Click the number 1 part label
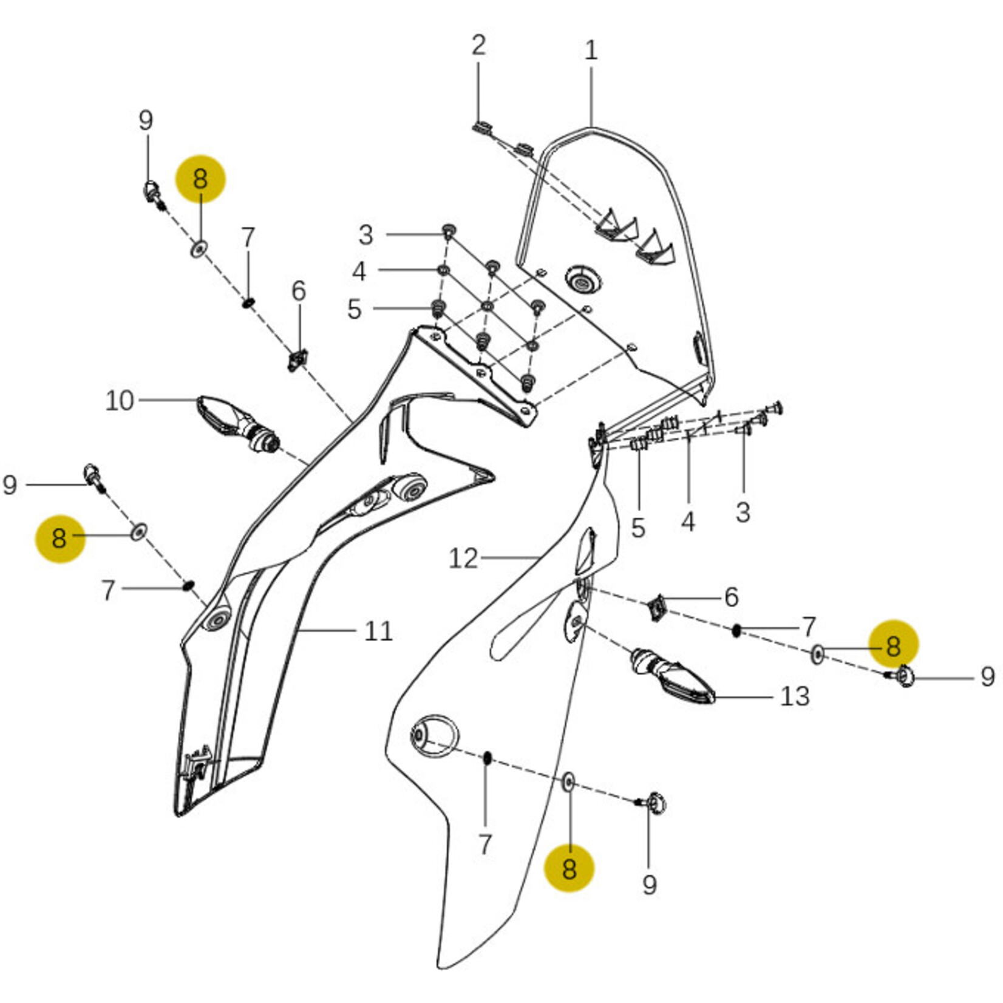click(x=591, y=50)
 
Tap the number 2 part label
click(x=478, y=46)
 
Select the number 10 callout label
click(x=119, y=401)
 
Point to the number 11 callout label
click(x=378, y=631)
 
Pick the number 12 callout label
click(x=463, y=558)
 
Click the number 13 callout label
click(x=795, y=696)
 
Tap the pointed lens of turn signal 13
click(x=690, y=687)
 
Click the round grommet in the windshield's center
click(x=582, y=280)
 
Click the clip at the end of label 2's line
click(x=483, y=128)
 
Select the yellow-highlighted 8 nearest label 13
click(x=893, y=645)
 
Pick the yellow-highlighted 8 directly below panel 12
click(x=569, y=868)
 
